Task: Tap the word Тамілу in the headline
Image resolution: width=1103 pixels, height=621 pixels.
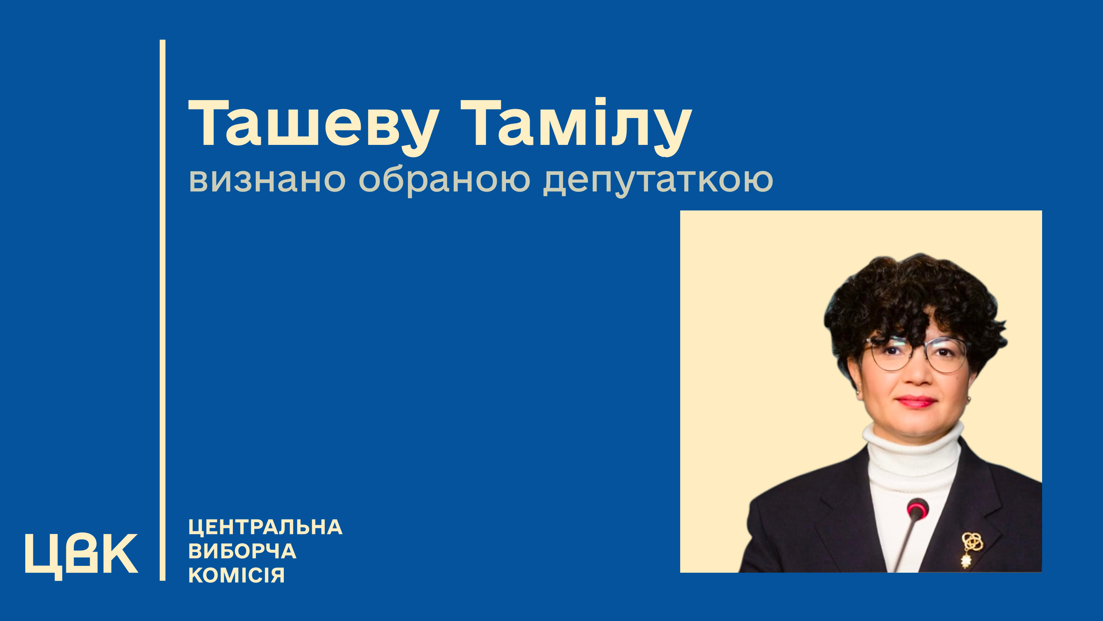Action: pos(576,127)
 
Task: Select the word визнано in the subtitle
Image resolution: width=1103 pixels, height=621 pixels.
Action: pos(267,181)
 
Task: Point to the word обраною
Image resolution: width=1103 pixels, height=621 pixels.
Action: pos(444,181)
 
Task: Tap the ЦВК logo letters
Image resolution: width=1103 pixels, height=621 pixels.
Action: pos(81,556)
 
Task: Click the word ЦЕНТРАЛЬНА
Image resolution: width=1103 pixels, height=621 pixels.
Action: pos(265,527)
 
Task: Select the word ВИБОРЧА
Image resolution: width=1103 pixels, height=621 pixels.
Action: pos(242,551)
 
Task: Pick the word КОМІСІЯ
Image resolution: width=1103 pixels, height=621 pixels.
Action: pos(236,575)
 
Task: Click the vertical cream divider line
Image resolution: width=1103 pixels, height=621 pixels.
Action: pos(162,310)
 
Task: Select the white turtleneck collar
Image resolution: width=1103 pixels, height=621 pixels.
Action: pos(912,446)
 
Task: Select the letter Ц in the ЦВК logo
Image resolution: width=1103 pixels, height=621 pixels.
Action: pos(44,557)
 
